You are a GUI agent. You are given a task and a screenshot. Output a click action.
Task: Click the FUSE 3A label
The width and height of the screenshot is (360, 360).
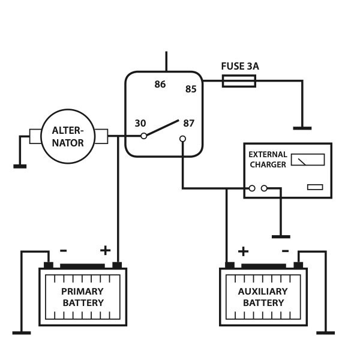(x=239, y=66)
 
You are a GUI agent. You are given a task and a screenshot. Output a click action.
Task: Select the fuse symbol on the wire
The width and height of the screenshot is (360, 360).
(x=239, y=81)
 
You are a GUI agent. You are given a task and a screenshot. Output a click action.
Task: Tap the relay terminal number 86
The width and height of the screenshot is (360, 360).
(x=160, y=85)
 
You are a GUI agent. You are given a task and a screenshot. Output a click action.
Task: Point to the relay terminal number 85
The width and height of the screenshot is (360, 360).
(x=191, y=89)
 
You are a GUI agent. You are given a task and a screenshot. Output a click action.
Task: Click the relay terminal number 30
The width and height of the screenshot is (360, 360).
(x=140, y=124)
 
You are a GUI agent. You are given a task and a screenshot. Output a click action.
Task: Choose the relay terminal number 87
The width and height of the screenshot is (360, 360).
(x=189, y=124)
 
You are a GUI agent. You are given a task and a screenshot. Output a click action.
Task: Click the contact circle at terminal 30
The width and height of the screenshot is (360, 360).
(x=144, y=136)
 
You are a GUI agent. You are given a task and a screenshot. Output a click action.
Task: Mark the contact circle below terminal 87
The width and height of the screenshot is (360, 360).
(x=182, y=139)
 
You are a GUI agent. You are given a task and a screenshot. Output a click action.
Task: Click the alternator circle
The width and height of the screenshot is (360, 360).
(x=68, y=136)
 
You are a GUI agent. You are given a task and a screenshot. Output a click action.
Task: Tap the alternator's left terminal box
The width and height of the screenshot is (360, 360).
(x=35, y=136)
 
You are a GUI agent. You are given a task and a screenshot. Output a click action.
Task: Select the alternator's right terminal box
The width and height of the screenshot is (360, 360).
(x=101, y=136)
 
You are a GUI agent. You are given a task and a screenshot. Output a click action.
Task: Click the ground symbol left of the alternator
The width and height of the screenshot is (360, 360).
(x=20, y=166)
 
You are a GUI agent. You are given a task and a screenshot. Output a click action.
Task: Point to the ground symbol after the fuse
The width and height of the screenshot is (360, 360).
(x=302, y=128)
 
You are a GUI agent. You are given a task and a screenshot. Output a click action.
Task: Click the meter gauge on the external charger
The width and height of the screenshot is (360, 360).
(x=307, y=160)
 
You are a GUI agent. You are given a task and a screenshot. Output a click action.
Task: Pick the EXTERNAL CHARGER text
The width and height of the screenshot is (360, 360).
(x=268, y=160)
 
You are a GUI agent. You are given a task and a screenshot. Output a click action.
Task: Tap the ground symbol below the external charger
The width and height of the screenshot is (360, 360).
(x=280, y=236)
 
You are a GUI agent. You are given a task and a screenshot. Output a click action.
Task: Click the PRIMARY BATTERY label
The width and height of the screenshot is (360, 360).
(x=83, y=297)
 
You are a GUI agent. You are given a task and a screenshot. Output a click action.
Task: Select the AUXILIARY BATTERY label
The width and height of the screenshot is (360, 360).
(x=263, y=297)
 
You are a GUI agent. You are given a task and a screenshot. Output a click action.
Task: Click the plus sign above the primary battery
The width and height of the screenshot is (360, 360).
(x=105, y=250)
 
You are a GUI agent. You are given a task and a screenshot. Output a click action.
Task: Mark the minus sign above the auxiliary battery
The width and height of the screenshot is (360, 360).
(x=285, y=251)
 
